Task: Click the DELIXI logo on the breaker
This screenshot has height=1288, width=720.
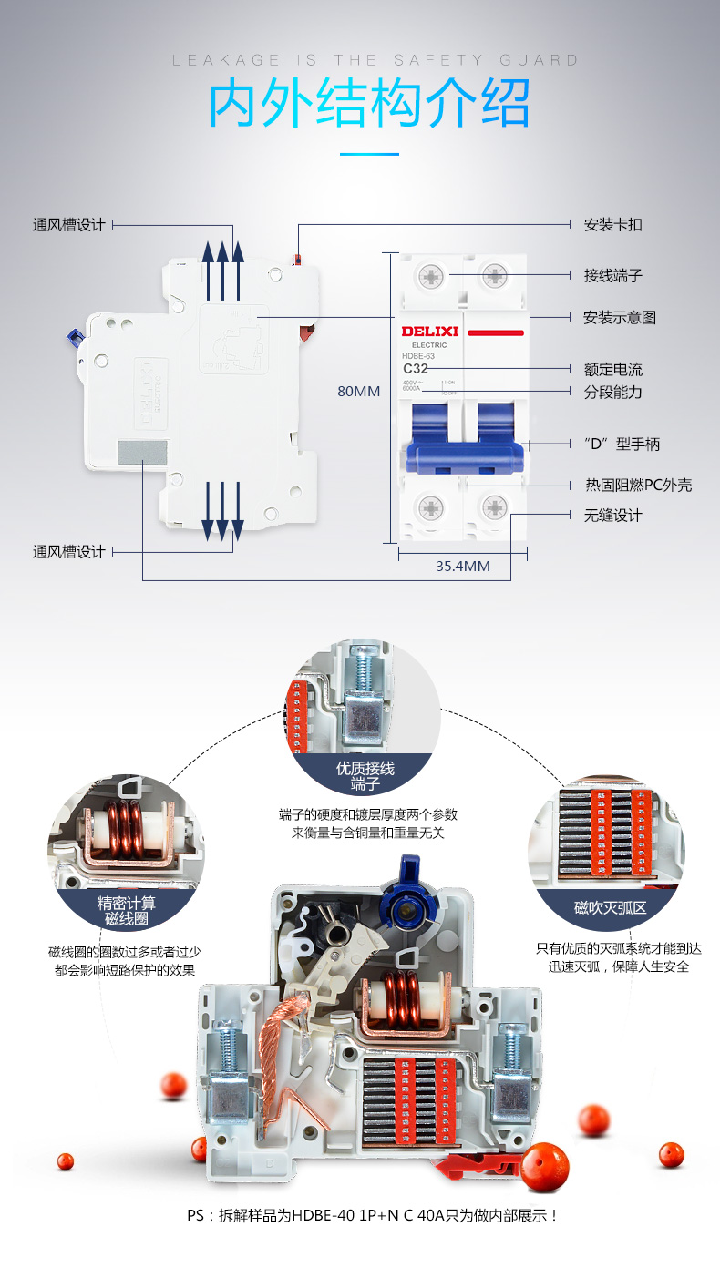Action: click(429, 332)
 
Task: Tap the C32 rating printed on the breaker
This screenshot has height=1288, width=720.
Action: click(416, 368)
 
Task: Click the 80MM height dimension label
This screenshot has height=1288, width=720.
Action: click(358, 392)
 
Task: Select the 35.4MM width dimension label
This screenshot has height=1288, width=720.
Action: click(462, 566)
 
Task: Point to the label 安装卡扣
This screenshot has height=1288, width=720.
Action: click(612, 225)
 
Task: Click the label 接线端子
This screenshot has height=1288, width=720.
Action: click(612, 274)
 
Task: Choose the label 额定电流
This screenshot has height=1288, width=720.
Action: click(612, 369)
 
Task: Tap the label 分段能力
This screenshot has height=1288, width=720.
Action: click(612, 392)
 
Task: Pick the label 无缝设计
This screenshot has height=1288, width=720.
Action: click(612, 516)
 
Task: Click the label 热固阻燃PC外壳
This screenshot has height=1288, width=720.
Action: click(638, 485)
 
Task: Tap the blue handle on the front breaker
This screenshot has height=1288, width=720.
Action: click(464, 442)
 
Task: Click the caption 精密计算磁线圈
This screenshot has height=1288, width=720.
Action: click(127, 910)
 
